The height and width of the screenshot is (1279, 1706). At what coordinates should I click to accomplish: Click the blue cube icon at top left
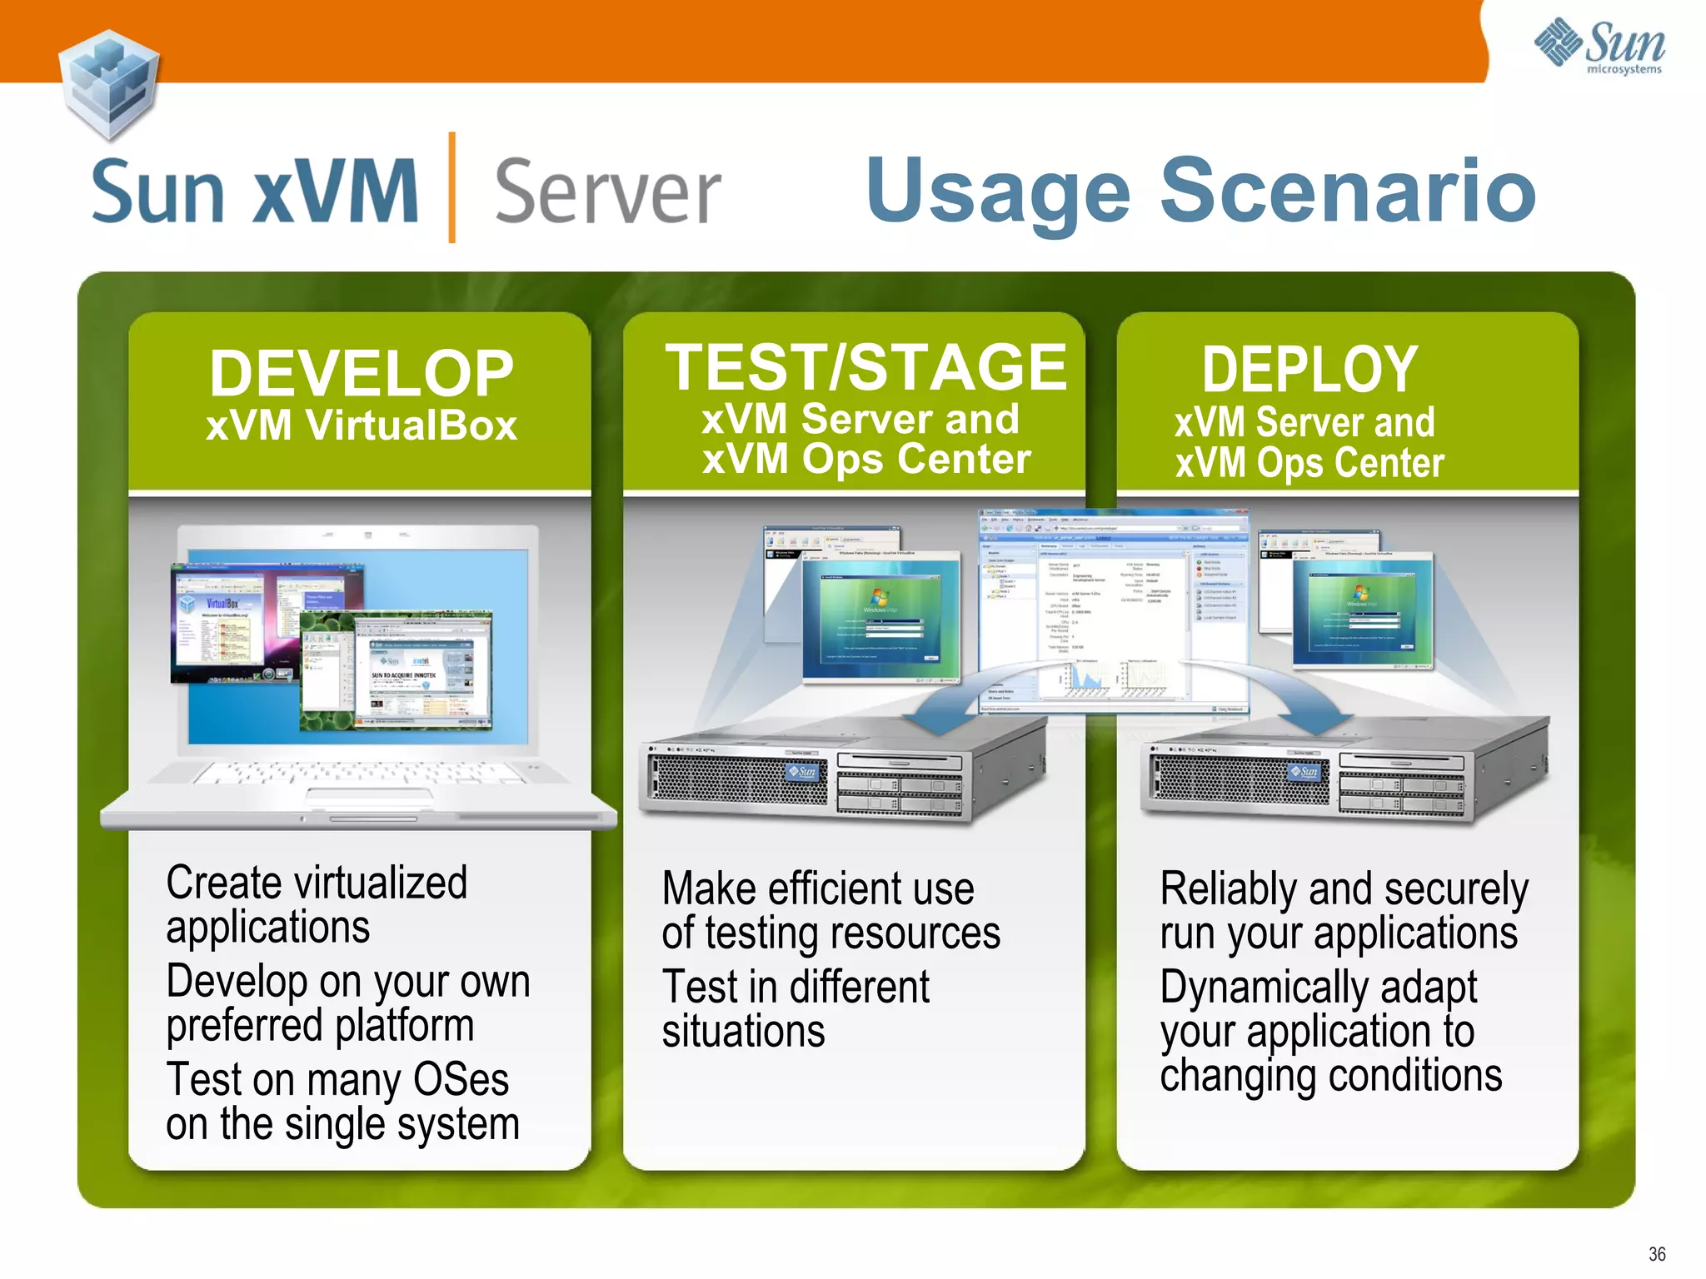pyautogui.click(x=109, y=83)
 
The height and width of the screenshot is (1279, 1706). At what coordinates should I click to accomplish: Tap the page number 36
pyautogui.click(x=1656, y=1254)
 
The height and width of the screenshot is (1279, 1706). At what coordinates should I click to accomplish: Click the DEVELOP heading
pyautogui.click(x=361, y=373)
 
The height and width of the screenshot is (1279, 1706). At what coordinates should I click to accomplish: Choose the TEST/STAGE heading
pyautogui.click(x=865, y=367)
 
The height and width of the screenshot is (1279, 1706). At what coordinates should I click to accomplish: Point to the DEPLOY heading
pyautogui.click(x=1309, y=369)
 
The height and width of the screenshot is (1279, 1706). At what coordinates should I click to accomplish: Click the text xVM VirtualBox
pyautogui.click(x=361, y=426)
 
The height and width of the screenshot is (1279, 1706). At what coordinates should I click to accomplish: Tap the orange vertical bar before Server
pyautogui.click(x=451, y=187)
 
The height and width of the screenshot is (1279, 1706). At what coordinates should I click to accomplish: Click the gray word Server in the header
pyautogui.click(x=607, y=192)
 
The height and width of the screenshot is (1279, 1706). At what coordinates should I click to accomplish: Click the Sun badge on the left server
pyautogui.click(x=803, y=772)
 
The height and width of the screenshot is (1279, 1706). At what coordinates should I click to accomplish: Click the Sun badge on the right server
pyautogui.click(x=1304, y=772)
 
